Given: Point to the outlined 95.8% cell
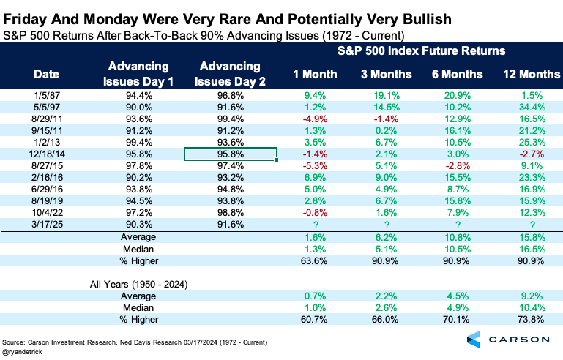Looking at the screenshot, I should (231, 154).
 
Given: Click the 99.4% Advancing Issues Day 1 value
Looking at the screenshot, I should (138, 142).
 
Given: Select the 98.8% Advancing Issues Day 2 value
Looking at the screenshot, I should (231, 212).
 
